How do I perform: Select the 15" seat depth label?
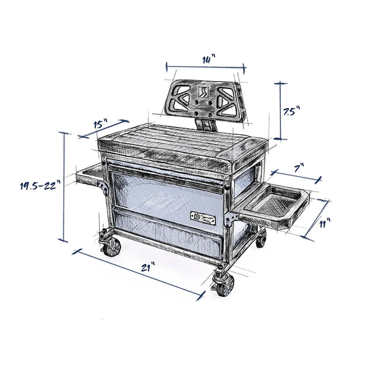(100, 124)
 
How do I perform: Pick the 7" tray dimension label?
(299, 168)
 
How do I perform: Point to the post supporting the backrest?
(207, 125)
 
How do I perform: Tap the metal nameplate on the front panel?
(204, 217)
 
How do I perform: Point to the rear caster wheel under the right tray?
(261, 238)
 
